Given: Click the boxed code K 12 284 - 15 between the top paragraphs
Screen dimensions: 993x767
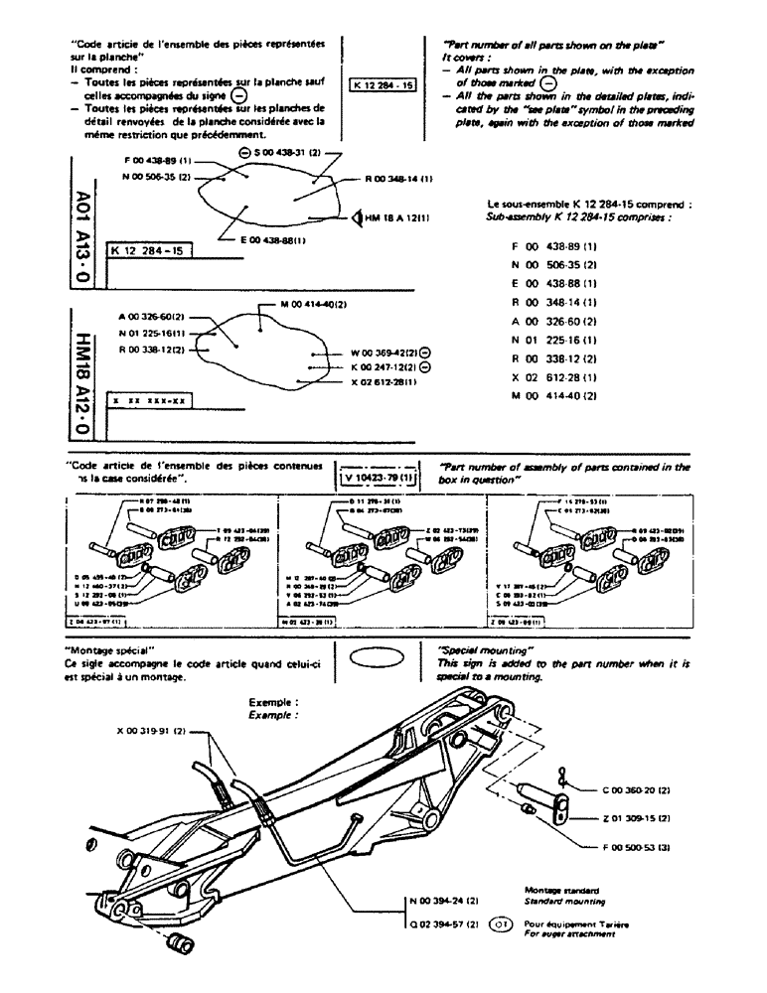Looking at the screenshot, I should pyautogui.click(x=383, y=85).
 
